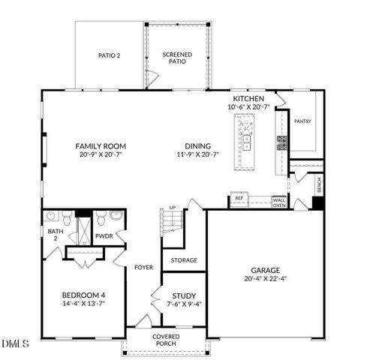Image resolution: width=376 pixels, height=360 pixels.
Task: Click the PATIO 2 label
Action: coord(110,55)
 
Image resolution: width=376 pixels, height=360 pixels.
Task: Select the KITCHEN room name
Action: coord(249,99)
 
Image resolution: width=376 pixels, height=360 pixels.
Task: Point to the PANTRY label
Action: coord(302,121)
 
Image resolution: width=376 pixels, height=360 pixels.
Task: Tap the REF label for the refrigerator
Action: coord(239,199)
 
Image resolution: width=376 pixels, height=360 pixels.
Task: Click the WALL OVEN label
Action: coord(278,202)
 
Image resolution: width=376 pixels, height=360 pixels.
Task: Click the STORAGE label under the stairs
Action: coord(184,260)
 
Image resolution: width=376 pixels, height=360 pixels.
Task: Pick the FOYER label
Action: coord(144,267)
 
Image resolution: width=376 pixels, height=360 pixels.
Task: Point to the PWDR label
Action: coord(104,235)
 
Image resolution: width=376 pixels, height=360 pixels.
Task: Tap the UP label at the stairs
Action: coord(172,208)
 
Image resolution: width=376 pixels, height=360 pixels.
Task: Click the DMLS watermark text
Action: coord(15,343)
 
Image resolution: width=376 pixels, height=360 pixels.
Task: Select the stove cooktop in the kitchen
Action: coord(282,142)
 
